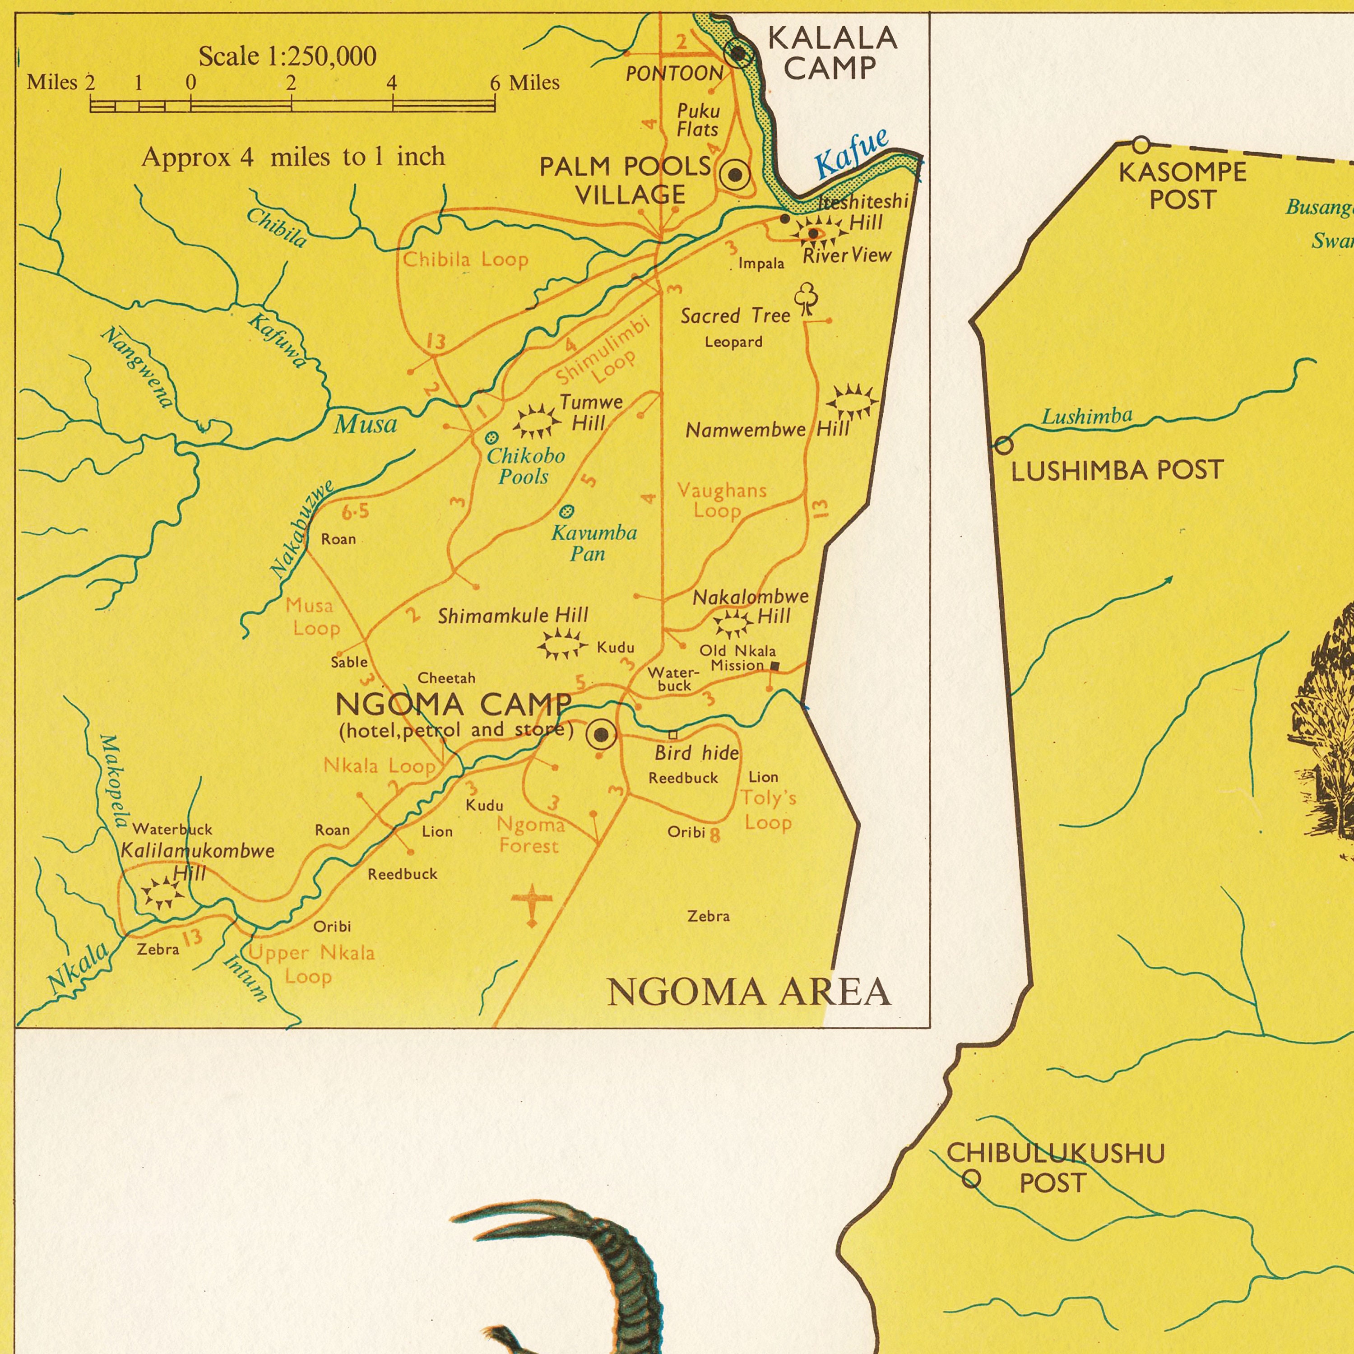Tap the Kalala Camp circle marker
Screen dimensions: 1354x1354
(738, 53)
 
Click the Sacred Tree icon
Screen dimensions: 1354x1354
(807, 298)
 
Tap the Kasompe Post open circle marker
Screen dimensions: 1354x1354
(1141, 145)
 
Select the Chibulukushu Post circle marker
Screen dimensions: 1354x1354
(971, 1179)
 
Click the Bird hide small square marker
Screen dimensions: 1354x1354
(673, 734)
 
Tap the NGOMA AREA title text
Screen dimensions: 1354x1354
(748, 992)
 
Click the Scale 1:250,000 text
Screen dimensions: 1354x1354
(287, 56)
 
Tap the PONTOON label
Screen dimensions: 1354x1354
(674, 74)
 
